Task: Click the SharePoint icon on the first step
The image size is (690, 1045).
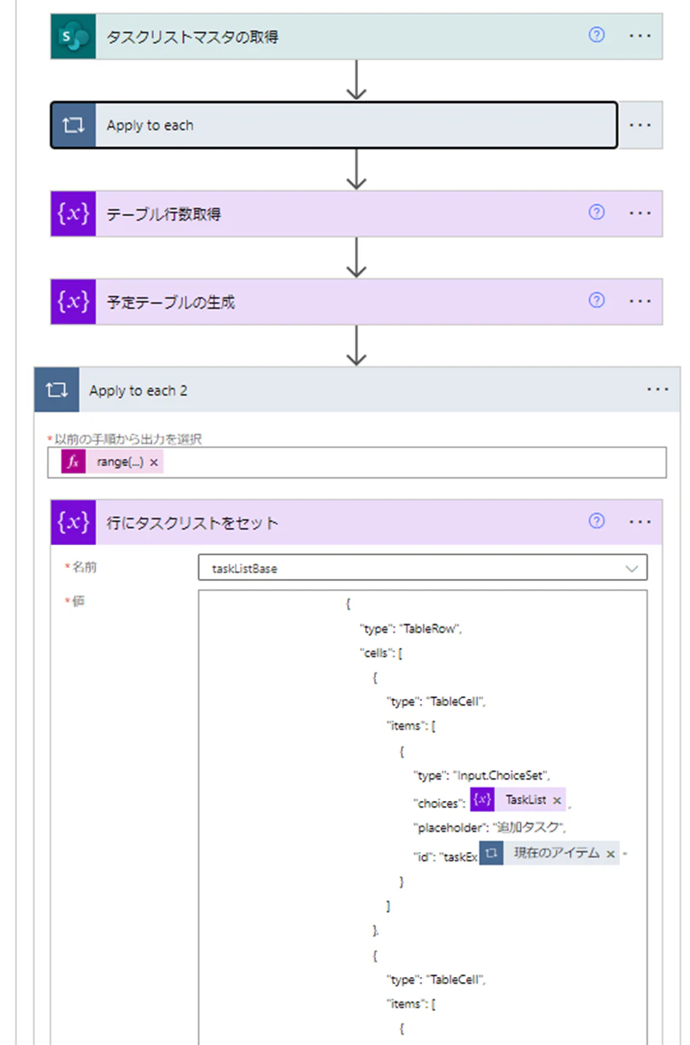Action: point(73,37)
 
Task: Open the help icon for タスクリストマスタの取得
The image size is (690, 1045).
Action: point(596,35)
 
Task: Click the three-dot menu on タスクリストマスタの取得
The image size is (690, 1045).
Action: point(640,36)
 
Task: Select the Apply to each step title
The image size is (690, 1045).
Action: point(150,126)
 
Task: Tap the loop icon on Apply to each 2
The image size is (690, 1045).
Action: point(56,389)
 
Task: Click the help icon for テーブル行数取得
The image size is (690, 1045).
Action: point(596,213)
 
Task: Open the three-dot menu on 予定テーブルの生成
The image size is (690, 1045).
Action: point(640,301)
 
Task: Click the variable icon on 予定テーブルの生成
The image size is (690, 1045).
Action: point(73,302)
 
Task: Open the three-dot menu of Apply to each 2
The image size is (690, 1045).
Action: point(658,389)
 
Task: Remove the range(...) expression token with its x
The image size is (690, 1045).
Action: point(154,463)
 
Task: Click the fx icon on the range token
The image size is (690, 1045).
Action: point(73,462)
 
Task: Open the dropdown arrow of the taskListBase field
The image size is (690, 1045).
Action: point(631,568)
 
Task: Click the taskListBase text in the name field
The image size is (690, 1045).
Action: point(244,569)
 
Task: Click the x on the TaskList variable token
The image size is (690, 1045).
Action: point(556,801)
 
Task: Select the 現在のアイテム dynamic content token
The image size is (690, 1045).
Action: point(549,854)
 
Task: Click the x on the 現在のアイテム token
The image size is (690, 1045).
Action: point(610,854)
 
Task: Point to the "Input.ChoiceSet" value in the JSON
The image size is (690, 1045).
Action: point(500,775)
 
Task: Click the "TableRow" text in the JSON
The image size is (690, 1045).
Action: point(430,629)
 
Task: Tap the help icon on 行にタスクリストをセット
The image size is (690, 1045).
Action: point(596,520)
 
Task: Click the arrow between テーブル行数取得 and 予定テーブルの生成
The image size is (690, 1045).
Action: point(356,258)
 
